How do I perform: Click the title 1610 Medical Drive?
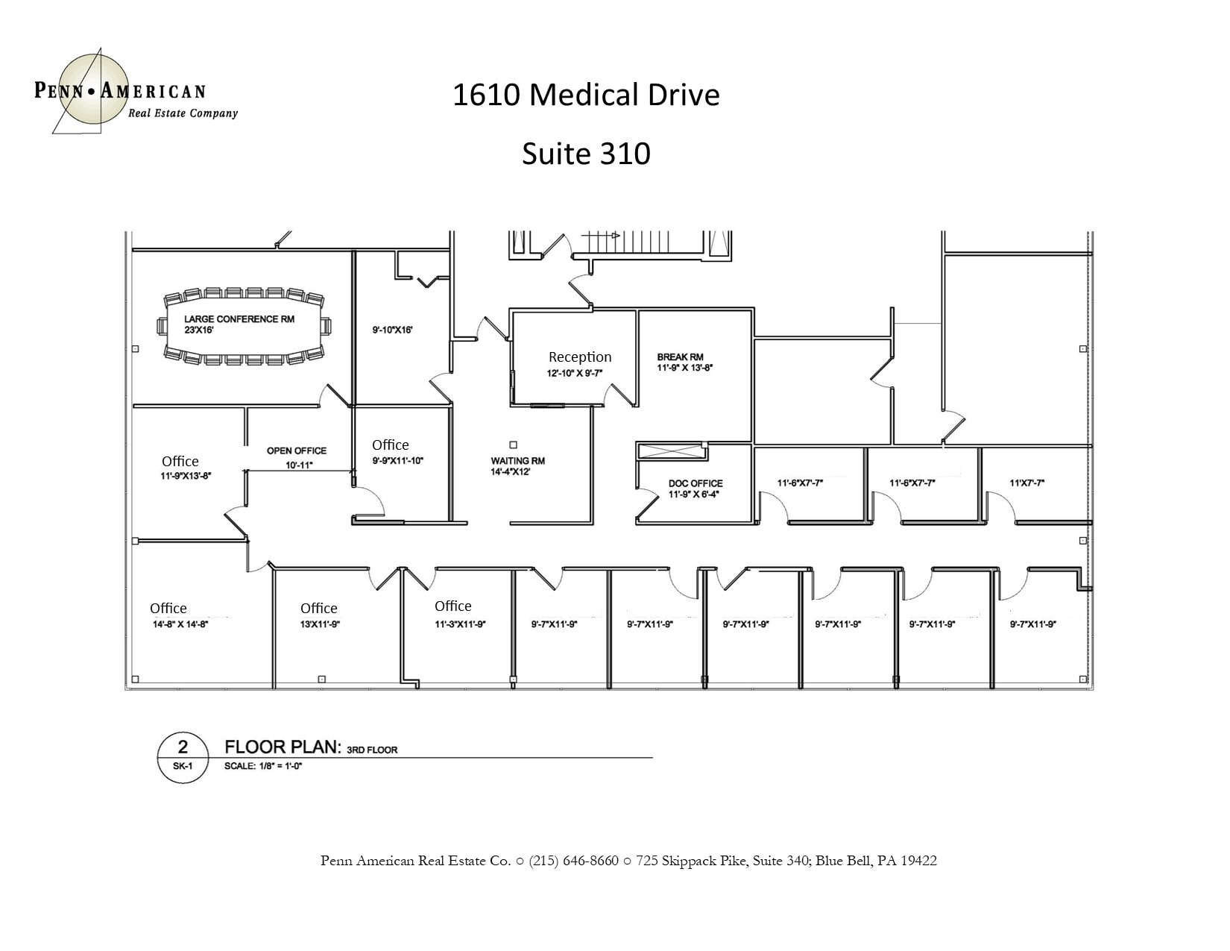tap(586, 95)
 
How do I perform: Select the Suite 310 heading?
tap(586, 154)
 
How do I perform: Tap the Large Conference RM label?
tap(239, 319)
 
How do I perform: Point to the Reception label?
tap(580, 357)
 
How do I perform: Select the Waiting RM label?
tap(517, 461)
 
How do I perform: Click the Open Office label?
tap(297, 451)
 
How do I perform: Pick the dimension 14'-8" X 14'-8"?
tap(180, 625)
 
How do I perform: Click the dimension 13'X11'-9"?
tap(320, 625)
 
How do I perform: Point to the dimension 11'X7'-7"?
tap(1026, 483)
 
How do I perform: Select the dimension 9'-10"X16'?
tap(392, 329)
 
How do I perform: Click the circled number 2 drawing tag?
tap(183, 747)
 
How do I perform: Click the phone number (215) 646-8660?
tap(574, 861)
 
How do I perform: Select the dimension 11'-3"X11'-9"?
tap(461, 625)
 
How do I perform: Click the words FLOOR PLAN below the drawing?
tap(283, 747)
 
